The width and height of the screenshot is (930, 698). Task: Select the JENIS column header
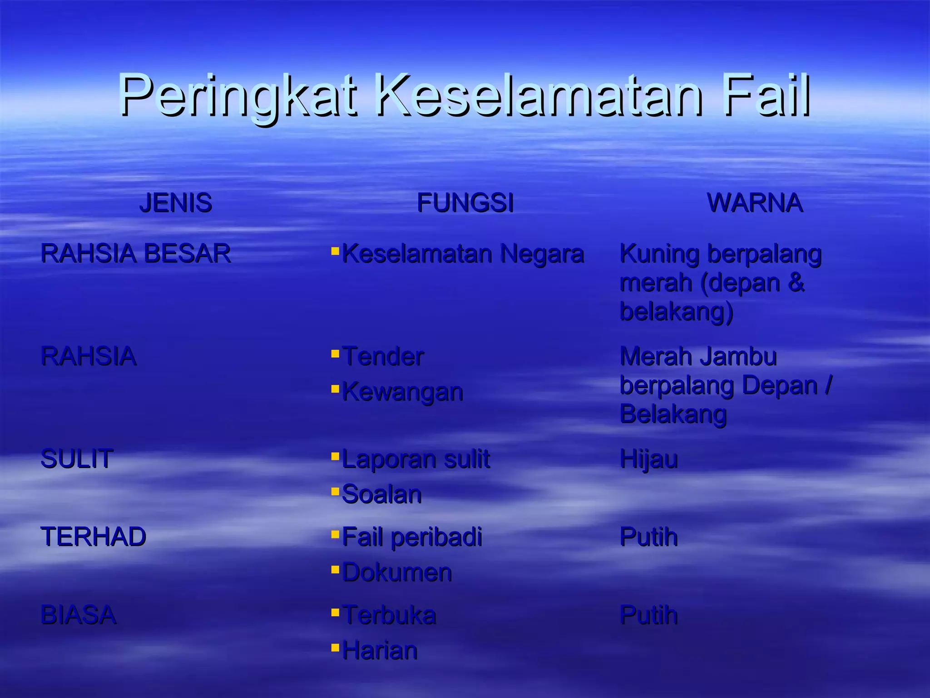point(175,203)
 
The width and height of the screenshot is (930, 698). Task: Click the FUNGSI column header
point(465,203)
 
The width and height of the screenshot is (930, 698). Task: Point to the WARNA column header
point(755,203)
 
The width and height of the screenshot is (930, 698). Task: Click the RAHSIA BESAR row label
point(136,253)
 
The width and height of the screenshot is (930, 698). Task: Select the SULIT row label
point(77,459)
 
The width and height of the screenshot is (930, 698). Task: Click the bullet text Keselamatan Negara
point(463,254)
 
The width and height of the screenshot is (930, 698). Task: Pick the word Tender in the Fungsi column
point(383,356)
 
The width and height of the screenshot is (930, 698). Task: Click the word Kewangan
point(402,392)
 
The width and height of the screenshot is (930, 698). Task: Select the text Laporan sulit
point(416,459)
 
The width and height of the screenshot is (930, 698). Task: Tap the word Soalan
point(381,494)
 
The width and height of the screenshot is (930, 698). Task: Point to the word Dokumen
point(397,572)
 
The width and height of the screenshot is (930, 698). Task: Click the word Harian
point(380,650)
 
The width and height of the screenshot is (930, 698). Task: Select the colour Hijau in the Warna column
point(648,459)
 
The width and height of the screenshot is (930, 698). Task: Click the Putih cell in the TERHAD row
point(648,537)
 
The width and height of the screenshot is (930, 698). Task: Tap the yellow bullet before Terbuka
point(335,613)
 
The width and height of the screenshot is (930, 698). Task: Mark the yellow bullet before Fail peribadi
point(335,534)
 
